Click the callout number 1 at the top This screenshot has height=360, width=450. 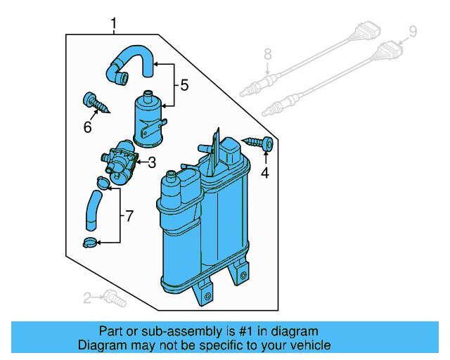click(114, 25)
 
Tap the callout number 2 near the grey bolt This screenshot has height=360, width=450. click(88, 298)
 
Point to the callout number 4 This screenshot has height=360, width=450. click(265, 173)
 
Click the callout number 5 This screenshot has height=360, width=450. click(184, 86)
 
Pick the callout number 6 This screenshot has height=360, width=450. click(88, 127)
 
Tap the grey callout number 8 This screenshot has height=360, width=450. click(267, 53)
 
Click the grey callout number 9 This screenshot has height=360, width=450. click(413, 31)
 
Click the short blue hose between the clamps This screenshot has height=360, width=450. click(94, 212)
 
